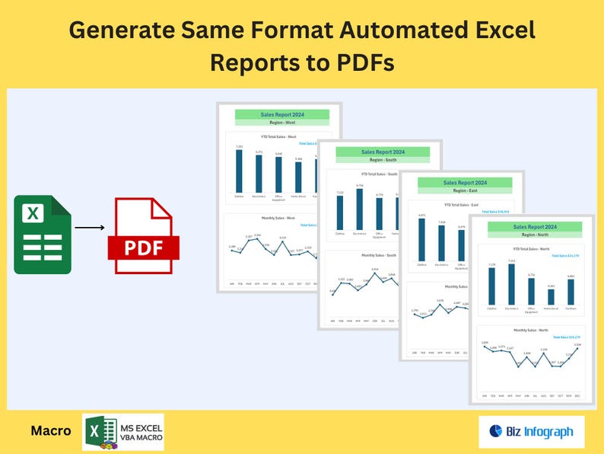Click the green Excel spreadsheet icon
click(x=43, y=234)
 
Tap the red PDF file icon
click(x=142, y=235)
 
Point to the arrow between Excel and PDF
click(x=90, y=227)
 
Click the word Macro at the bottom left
click(x=51, y=430)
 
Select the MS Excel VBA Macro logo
click(x=122, y=431)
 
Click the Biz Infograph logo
click(x=531, y=432)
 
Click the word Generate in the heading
click(x=124, y=30)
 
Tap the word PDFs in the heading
click(x=363, y=62)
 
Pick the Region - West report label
click(x=281, y=123)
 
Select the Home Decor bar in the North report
click(x=551, y=296)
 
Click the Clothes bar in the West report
click(x=239, y=171)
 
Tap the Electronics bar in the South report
click(x=359, y=209)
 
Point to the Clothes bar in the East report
click(x=421, y=240)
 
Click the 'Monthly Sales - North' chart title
click(x=531, y=330)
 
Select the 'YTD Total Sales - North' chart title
click(x=531, y=249)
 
